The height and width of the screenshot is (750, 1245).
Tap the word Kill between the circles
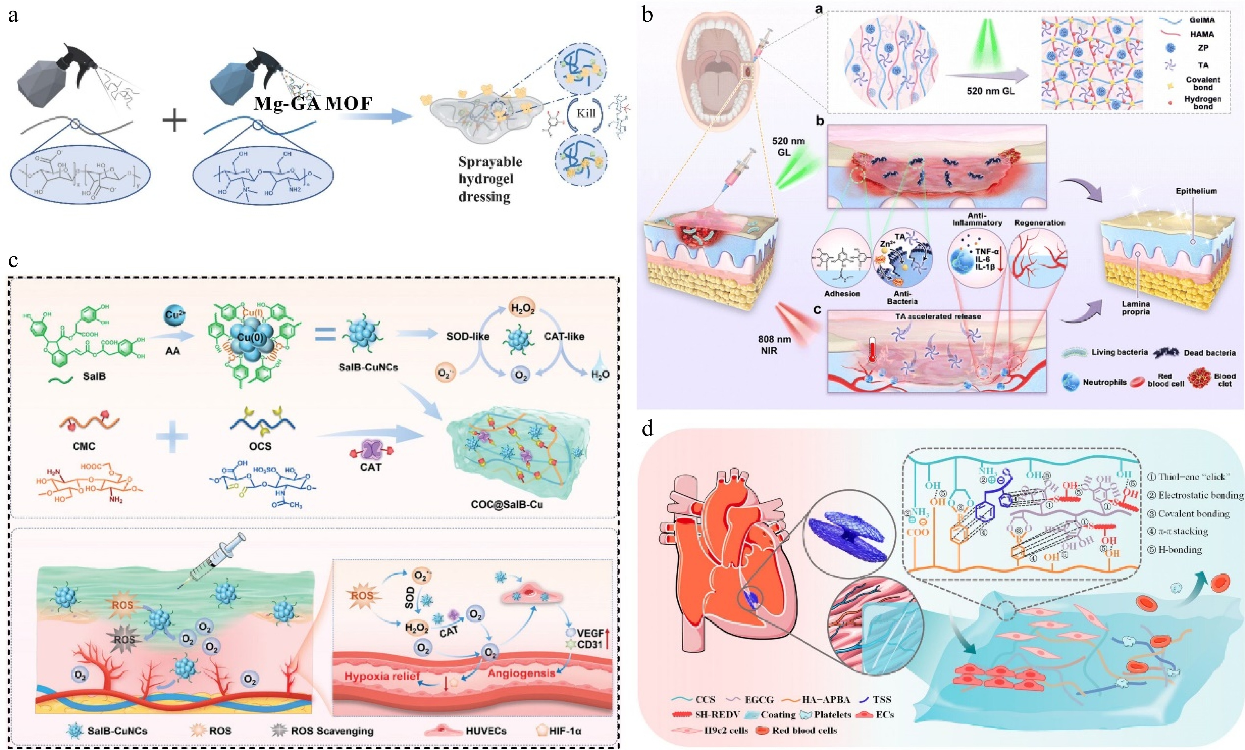pyautogui.click(x=586, y=113)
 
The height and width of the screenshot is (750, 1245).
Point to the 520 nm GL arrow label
pyautogui.click(x=990, y=91)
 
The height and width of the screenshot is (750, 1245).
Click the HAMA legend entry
pyautogui.click(x=1201, y=34)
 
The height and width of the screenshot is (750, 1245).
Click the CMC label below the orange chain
pyautogui.click(x=84, y=446)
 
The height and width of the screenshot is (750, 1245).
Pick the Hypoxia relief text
pyautogui.click(x=382, y=676)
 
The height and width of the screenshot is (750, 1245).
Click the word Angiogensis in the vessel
pyautogui.click(x=521, y=673)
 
